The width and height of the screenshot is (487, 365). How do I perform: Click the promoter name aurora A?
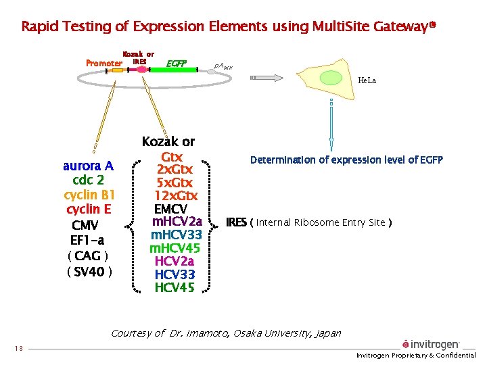pos(88,166)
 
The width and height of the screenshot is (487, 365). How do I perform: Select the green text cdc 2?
pos(88,180)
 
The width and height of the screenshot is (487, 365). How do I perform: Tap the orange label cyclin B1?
pos(89,195)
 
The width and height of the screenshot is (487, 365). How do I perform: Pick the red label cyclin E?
pos(89,210)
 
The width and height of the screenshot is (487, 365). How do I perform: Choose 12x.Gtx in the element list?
pos(175,196)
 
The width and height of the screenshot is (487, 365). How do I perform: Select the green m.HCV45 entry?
pos(175,248)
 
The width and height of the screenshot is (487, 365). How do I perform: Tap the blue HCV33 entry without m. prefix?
pos(175,274)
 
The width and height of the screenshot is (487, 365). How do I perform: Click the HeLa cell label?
pos(367,80)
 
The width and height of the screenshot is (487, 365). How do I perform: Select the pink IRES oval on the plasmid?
pos(141,69)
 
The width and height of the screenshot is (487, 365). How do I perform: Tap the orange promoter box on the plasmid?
pos(116,70)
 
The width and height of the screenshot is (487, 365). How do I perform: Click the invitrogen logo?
pos(431,345)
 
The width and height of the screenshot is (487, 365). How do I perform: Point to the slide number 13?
pos(18,349)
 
